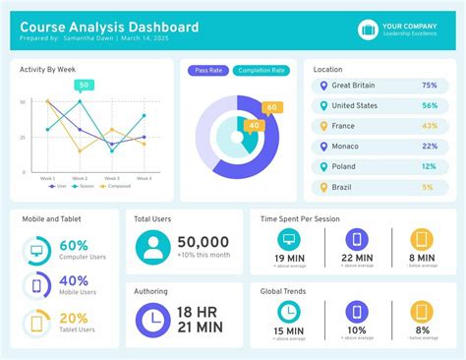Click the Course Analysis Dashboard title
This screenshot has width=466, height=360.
pos(108,27)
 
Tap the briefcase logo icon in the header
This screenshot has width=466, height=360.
pos(368,30)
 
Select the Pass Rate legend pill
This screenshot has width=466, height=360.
pos(207,70)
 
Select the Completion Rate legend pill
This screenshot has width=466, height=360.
pos(262,70)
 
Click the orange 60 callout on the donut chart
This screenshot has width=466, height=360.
pos(272,107)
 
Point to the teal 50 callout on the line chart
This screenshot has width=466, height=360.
pos(84,85)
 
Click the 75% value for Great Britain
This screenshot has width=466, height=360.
pos(429,86)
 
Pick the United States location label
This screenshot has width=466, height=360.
pos(355,106)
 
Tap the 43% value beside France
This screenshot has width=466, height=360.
pos(429,126)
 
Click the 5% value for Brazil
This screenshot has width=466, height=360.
pos(428,187)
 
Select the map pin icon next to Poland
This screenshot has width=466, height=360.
pos(321,167)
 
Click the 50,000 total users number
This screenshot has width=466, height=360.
pos(203,242)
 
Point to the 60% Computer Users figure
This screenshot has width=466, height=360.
pos(74,246)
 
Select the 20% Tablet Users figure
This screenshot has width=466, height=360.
pos(74,318)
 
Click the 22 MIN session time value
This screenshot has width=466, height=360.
pos(356,259)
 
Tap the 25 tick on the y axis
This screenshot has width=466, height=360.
pos(23,137)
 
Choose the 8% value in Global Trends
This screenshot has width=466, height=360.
pos(422,330)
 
